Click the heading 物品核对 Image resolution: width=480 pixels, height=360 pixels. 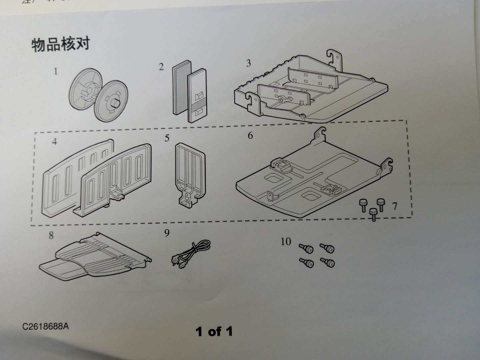(x=60, y=44)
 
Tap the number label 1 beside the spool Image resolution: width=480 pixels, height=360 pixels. (x=56, y=71)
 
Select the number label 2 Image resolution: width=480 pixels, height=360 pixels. (x=161, y=67)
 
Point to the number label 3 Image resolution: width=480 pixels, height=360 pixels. (x=248, y=63)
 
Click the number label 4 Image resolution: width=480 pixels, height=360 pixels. (x=54, y=142)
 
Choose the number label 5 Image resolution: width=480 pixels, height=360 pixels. (x=167, y=138)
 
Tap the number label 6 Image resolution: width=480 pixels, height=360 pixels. (x=250, y=136)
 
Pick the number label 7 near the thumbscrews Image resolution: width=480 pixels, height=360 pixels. (x=395, y=206)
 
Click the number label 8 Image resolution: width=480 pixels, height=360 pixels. (x=51, y=236)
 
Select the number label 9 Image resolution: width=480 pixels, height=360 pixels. (x=167, y=233)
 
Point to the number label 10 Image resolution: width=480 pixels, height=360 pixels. (x=286, y=241)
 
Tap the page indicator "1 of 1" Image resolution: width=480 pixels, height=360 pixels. (x=214, y=331)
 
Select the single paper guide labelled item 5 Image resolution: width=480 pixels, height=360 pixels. (x=190, y=173)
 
